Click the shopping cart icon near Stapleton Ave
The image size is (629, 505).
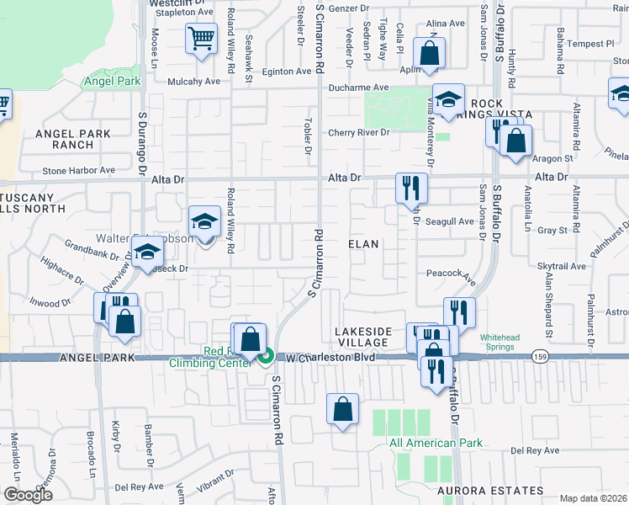pyautogui.click(x=202, y=38)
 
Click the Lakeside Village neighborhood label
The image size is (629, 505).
pyautogui.click(x=362, y=337)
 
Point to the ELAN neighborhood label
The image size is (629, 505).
pyautogui.click(x=365, y=243)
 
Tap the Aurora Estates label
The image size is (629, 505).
pyautogui.click(x=489, y=490)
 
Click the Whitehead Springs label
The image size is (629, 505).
pyautogui.click(x=507, y=343)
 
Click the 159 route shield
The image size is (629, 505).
pyautogui.click(x=540, y=357)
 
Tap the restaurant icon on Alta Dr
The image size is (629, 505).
pyautogui.click(x=412, y=188)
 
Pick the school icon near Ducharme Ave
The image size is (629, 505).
pyautogui.click(x=448, y=98)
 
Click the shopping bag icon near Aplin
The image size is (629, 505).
pyautogui.click(x=429, y=53)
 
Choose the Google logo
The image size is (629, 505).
pyautogui.click(x=28, y=495)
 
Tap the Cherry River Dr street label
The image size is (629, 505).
pyautogui.click(x=359, y=132)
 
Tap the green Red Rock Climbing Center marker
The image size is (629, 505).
pyautogui.click(x=265, y=357)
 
